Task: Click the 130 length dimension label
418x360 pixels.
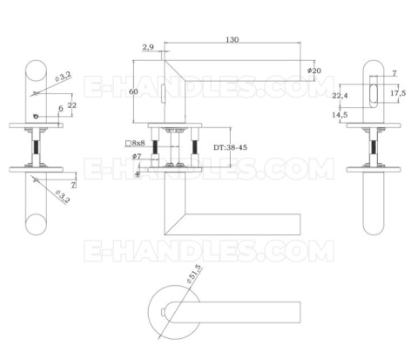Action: (x=233, y=40)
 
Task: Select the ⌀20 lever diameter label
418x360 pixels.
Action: (x=314, y=70)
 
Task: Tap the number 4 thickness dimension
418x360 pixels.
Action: (x=138, y=173)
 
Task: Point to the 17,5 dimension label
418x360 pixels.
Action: (x=397, y=93)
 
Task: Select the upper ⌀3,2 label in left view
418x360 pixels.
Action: (x=63, y=78)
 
